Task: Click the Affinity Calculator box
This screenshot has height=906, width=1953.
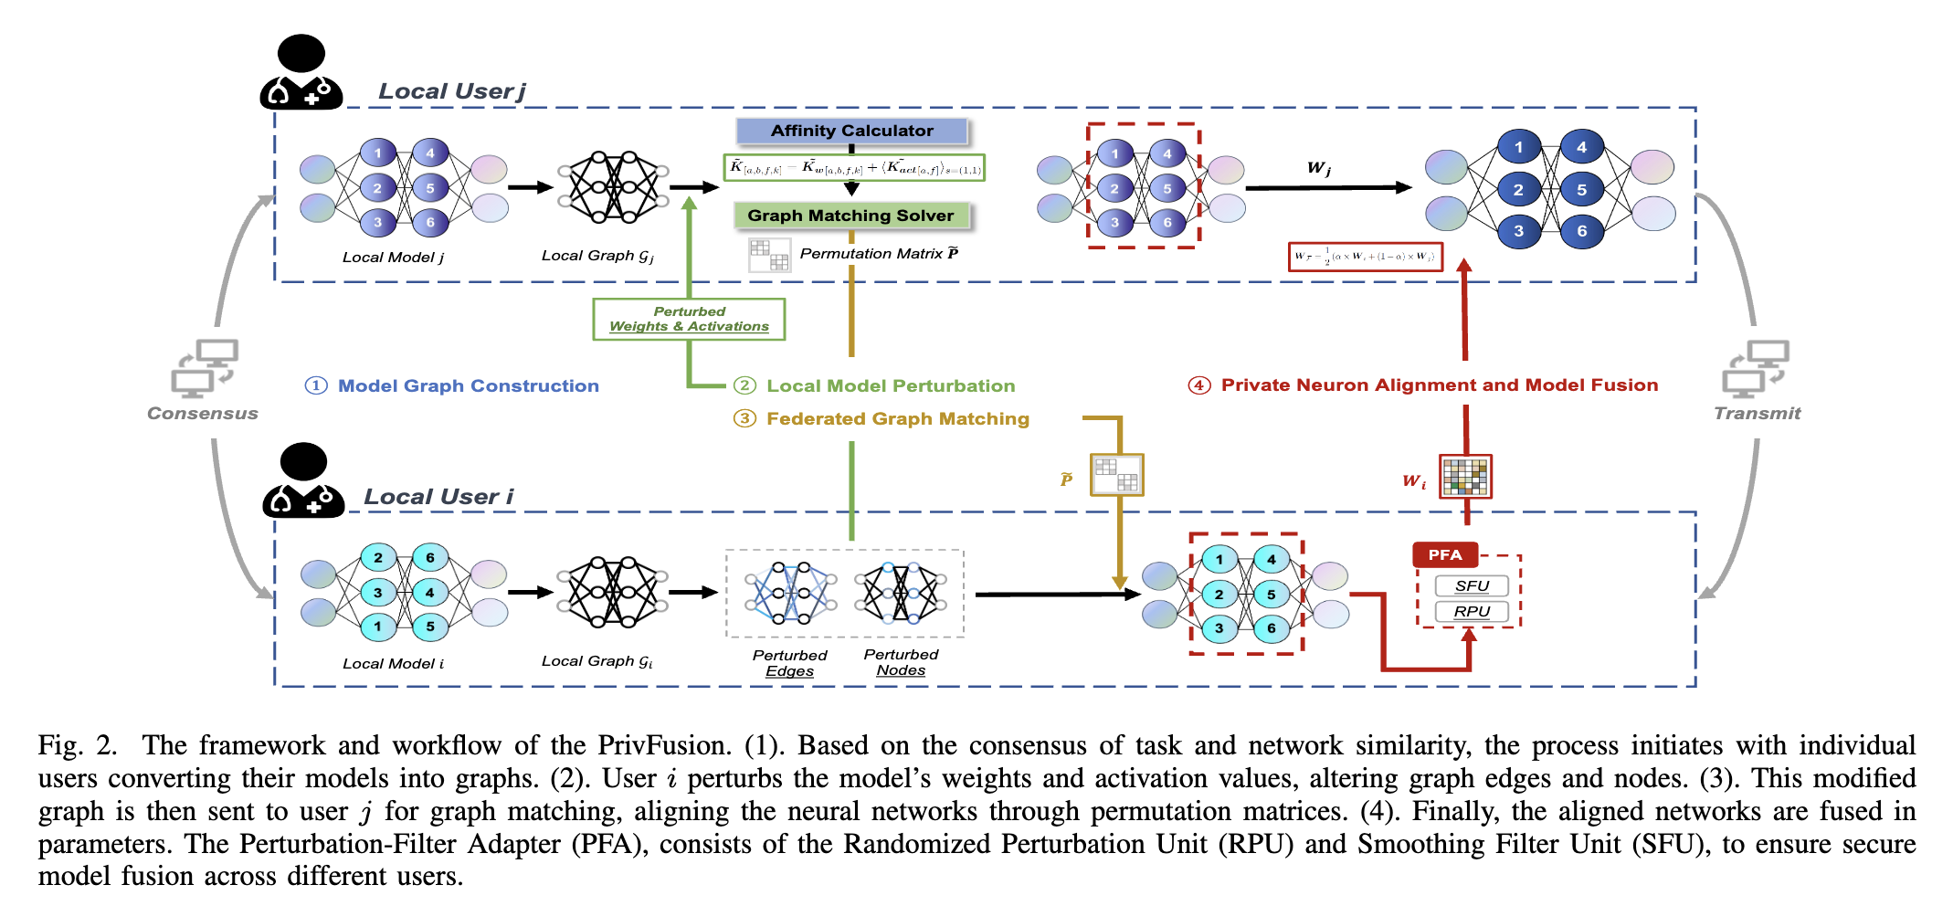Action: pos(851,131)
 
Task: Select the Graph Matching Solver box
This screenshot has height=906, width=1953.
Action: pos(850,216)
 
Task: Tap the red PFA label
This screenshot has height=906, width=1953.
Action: pos(1444,554)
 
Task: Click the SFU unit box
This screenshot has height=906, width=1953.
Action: pos(1471,585)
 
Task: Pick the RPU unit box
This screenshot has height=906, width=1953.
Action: pos(1471,611)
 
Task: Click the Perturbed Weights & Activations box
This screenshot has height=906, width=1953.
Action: pos(689,319)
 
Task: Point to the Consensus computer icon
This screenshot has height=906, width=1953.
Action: pos(205,368)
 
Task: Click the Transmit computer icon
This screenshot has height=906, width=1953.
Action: pos(1755,368)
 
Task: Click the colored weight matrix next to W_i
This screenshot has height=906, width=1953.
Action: pos(1465,477)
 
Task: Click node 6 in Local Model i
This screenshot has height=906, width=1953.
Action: pos(429,557)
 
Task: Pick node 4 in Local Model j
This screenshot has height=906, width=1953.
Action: pos(429,153)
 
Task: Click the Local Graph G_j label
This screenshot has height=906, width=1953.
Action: pos(596,256)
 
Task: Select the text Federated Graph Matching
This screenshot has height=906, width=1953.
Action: pos(897,418)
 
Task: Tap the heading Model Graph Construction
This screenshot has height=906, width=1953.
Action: pos(468,385)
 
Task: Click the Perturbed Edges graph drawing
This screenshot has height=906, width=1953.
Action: pos(790,593)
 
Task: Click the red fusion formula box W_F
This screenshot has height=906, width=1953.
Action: pos(1365,257)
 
